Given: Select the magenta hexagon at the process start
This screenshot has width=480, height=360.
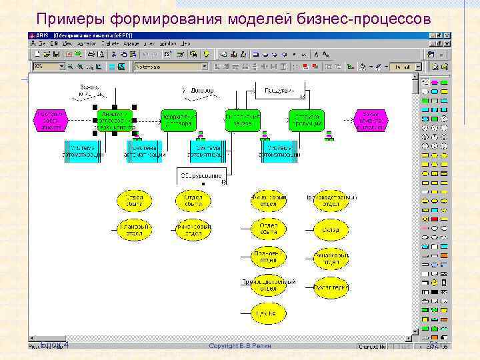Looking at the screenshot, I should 51,119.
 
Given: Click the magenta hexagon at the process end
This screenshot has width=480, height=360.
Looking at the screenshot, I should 370,119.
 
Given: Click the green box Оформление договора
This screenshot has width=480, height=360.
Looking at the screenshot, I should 179,119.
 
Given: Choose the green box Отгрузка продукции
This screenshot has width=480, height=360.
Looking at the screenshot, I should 307,119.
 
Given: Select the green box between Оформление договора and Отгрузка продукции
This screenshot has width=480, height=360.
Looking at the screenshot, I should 243,119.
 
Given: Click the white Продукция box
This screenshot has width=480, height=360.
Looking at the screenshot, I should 279,89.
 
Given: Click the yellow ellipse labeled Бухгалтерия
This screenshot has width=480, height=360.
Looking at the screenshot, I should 331,287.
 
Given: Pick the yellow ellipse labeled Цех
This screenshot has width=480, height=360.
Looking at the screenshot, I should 268,311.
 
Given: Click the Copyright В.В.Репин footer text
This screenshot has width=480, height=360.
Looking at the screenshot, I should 240,346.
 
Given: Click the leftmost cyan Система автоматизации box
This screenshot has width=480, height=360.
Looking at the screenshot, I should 83,151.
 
